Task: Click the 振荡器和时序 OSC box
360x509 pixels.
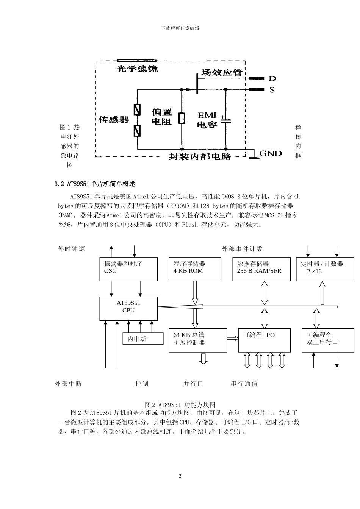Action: tap(128, 269)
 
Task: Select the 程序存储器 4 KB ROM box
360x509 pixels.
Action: tap(195, 269)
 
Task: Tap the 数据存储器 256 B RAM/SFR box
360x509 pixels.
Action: tap(259, 269)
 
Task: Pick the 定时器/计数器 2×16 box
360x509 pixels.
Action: tap(325, 269)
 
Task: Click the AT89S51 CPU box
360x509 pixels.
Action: tap(128, 308)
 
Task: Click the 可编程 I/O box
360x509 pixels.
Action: tap(264, 340)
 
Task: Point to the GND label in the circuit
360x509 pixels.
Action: tap(271, 153)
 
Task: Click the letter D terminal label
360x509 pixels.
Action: tap(272, 78)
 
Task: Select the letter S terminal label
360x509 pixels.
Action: tap(272, 90)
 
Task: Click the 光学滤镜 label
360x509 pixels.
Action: tap(137, 69)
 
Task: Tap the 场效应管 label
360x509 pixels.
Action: tap(222, 72)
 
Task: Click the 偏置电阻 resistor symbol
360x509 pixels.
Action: tap(182, 118)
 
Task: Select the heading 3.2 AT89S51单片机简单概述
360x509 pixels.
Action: tap(95, 184)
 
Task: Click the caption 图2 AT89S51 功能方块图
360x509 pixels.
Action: tap(180, 404)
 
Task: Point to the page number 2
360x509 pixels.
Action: tap(180, 476)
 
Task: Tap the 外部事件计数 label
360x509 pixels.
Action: tap(242, 249)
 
